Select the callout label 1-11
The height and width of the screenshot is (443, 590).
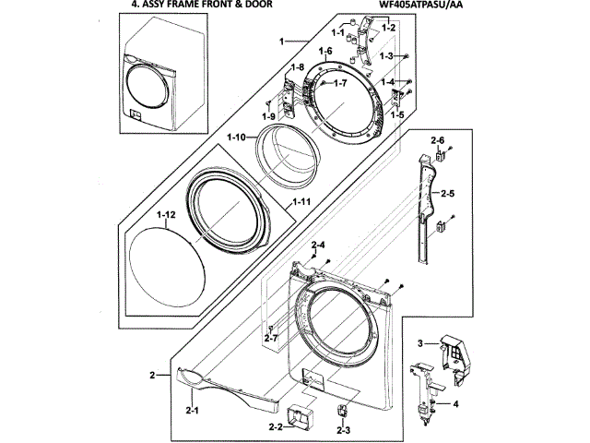click(301, 202)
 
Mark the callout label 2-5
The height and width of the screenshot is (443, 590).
click(449, 194)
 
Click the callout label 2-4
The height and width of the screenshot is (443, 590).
click(319, 245)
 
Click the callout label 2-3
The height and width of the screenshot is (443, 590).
click(344, 430)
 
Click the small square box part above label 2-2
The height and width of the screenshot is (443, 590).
click(300, 416)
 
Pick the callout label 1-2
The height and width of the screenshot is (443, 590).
click(388, 28)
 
